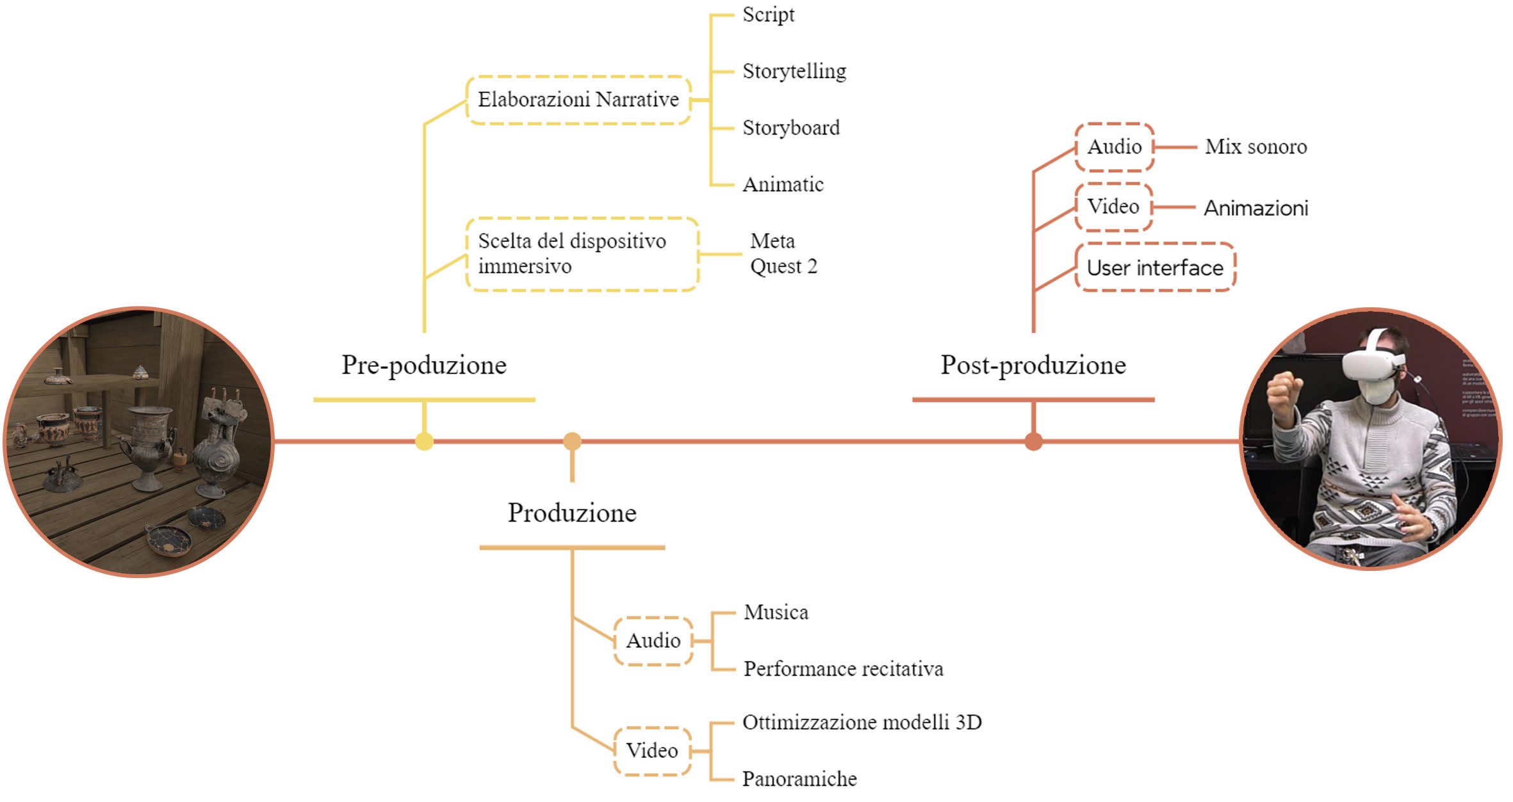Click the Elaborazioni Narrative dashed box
tap(578, 100)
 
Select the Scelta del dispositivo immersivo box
tap(582, 254)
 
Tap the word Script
tap(768, 15)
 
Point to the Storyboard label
tap(790, 128)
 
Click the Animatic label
tap(783, 184)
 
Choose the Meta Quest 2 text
tap(783, 253)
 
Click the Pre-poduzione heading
tap(423, 365)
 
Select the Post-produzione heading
tap(1033, 365)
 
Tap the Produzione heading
tap(572, 513)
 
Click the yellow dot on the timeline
tap(424, 442)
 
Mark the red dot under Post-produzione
tap(1033, 442)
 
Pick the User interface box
tap(1155, 268)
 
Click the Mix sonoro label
tap(1255, 147)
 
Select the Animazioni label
tap(1255, 208)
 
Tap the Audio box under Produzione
tap(653, 641)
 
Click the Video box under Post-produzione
tap(1113, 207)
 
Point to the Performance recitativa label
tap(843, 669)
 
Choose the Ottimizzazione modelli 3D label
tap(862, 723)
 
